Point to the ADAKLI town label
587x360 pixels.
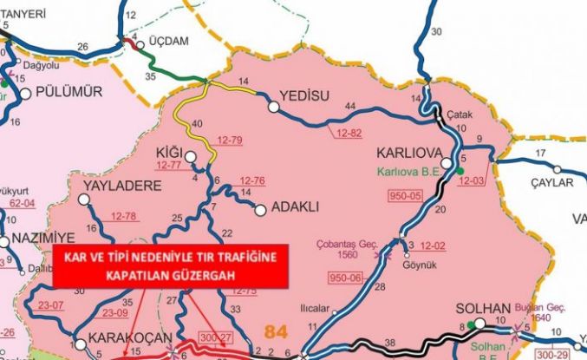297,207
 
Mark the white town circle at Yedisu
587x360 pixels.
274,107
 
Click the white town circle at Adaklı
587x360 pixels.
259,208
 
